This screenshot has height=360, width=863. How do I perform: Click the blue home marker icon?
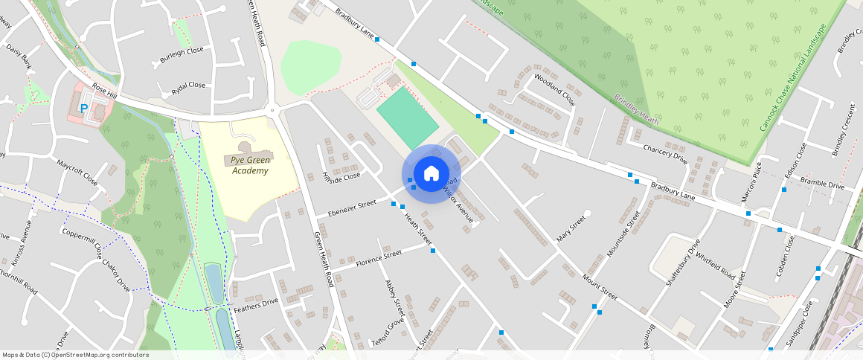point(431,174)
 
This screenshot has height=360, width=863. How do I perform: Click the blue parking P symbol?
point(85,109)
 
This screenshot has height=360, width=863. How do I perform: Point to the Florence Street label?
point(379,258)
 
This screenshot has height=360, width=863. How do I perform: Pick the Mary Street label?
point(571,231)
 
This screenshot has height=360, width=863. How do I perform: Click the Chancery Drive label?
point(665,153)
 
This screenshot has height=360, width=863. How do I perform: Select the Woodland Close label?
point(554,87)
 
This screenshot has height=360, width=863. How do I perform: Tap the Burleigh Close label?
point(181,57)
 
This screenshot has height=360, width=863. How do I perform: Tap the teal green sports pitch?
point(408,116)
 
